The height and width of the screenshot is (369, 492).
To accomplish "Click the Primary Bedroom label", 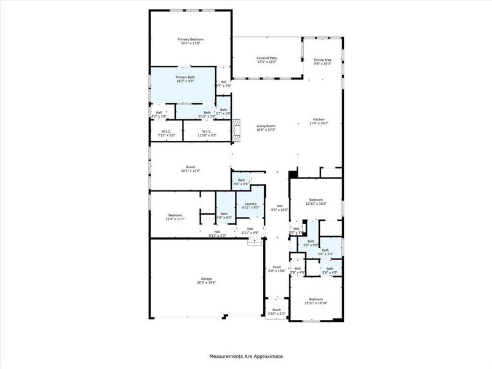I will [x=192, y=39].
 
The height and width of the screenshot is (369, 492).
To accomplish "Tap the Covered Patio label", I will [x=266, y=58].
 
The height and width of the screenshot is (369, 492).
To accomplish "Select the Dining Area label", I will [x=323, y=60].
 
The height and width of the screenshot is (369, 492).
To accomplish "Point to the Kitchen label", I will [x=319, y=119].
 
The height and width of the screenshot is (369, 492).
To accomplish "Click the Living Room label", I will [x=266, y=126].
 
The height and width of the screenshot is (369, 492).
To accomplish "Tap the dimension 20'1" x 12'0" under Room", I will [x=191, y=170].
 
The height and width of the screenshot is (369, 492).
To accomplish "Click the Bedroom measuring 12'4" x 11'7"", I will [x=175, y=215].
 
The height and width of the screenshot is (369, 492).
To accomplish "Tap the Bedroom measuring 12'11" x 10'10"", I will [x=316, y=300].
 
